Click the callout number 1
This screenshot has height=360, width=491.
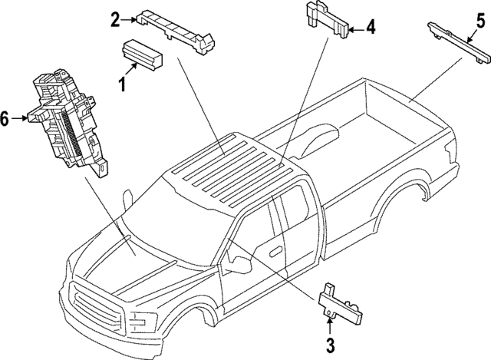pyautogui.click(x=121, y=82)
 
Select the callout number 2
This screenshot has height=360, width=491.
pyautogui.click(x=115, y=18)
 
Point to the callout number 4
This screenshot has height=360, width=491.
pyautogui.click(x=371, y=28)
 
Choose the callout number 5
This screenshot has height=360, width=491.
pyautogui.click(x=479, y=21)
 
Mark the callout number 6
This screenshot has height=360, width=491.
pyautogui.click(x=5, y=119)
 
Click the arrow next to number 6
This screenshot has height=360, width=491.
pyautogui.click(x=22, y=119)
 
